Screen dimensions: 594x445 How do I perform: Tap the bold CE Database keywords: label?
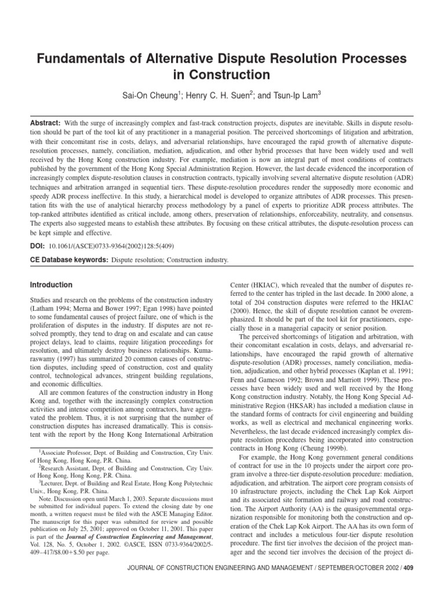click(x=69, y=260)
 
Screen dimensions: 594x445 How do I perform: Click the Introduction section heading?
click(x=51, y=285)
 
